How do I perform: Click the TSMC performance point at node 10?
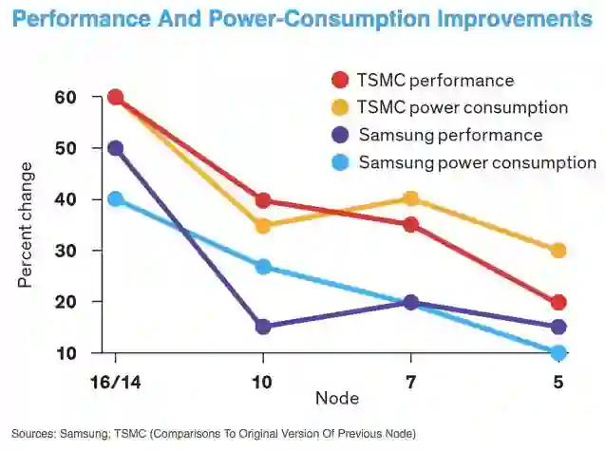point(263,200)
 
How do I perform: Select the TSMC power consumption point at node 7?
point(410,198)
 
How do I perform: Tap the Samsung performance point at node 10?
point(263,327)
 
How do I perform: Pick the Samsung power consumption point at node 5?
point(558,352)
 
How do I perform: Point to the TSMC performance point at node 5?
point(558,302)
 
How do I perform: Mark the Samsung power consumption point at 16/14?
point(116,198)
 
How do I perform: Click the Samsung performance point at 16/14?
point(116,148)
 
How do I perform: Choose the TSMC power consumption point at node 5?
point(558,251)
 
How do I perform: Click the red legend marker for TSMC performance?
point(339,81)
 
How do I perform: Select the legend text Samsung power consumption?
point(477,162)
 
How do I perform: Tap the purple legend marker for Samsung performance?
point(339,136)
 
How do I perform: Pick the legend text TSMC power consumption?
point(463,107)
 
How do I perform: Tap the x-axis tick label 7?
point(410,383)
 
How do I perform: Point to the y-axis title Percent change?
point(25,225)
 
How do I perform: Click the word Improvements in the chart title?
point(505,19)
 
